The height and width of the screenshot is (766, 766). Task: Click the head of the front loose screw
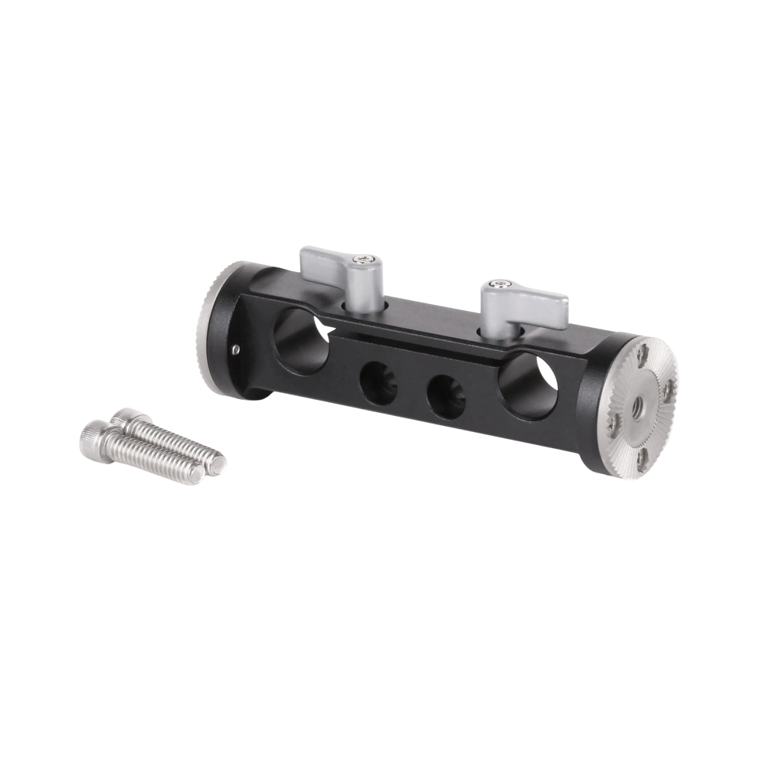pos(92,440)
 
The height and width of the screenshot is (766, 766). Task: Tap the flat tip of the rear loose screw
pos(220,463)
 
